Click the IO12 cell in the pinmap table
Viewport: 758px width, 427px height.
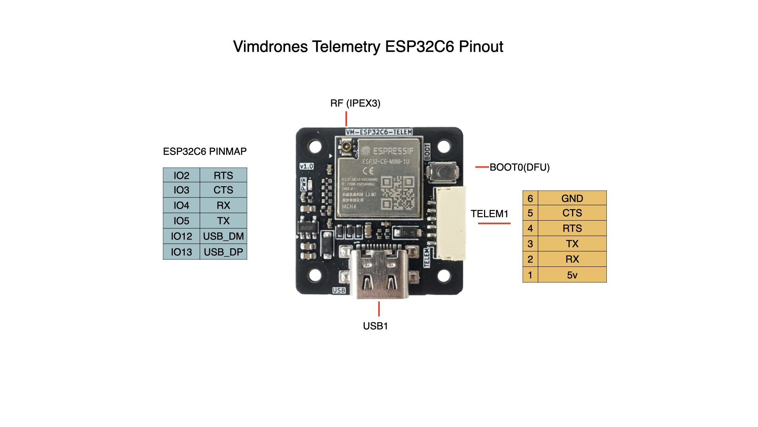click(x=181, y=236)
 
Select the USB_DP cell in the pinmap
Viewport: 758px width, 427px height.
click(x=223, y=252)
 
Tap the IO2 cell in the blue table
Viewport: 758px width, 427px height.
click(x=181, y=175)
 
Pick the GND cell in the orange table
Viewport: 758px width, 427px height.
click(x=572, y=198)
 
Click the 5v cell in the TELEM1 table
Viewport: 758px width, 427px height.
click(x=572, y=275)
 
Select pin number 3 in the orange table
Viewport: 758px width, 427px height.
click(x=530, y=244)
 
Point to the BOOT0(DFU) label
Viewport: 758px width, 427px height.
click(x=520, y=167)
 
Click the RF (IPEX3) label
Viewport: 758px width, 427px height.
click(x=355, y=103)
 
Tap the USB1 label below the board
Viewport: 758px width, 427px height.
click(x=375, y=326)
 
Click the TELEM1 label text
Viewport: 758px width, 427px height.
click(x=489, y=214)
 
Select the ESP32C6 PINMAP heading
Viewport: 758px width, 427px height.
click(x=205, y=151)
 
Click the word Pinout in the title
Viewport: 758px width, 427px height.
click(x=481, y=47)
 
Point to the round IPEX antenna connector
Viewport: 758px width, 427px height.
click(x=347, y=148)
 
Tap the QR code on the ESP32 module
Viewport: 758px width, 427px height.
click(x=397, y=193)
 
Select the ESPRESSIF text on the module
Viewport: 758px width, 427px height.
click(x=392, y=151)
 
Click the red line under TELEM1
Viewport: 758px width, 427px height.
click(x=494, y=223)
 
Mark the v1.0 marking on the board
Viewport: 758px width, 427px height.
click(x=306, y=166)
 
